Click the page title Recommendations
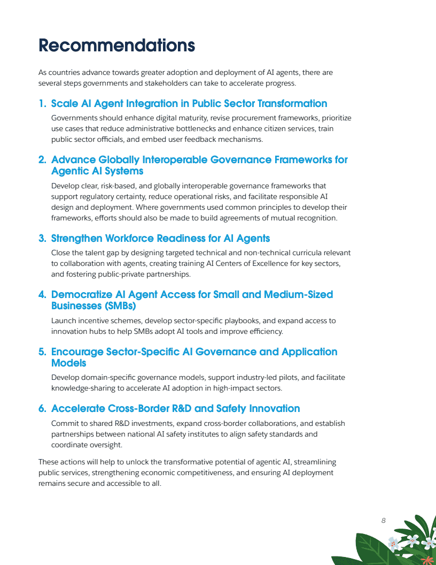(116, 45)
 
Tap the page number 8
(384, 520)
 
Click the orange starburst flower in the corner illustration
(426, 560)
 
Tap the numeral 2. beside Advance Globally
(42, 160)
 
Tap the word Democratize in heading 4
(81, 295)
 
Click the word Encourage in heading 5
(76, 352)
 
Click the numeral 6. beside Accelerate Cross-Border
(42, 409)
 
